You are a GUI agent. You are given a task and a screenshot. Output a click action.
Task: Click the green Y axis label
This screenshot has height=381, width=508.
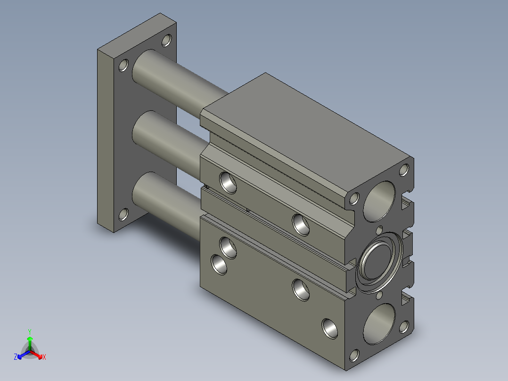pyautogui.click(x=30, y=331)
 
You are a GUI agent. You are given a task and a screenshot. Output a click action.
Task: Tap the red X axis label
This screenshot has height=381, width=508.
pyautogui.click(x=44, y=357)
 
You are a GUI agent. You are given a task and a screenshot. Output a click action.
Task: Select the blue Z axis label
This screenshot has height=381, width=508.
pyautogui.click(x=16, y=357)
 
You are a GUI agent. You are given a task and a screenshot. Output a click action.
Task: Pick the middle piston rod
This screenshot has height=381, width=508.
pyautogui.click(x=169, y=143)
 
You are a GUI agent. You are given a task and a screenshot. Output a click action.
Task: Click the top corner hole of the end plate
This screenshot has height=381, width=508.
pyautogui.click(x=166, y=41)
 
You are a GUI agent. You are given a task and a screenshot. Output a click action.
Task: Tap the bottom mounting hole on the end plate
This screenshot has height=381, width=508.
pyautogui.click(x=123, y=215)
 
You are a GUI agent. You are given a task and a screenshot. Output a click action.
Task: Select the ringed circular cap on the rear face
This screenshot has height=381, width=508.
pyautogui.click(x=379, y=263)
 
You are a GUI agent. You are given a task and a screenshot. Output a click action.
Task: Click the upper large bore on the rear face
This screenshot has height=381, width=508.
pyautogui.click(x=379, y=201)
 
